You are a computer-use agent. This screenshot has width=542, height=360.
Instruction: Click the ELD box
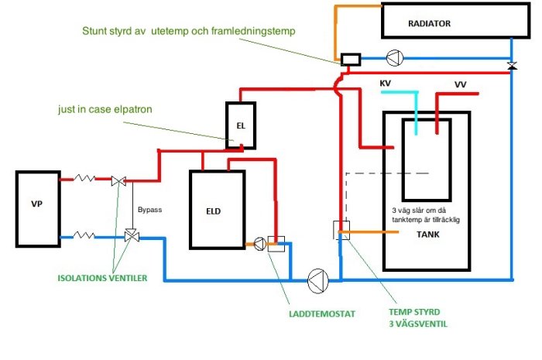[217, 210]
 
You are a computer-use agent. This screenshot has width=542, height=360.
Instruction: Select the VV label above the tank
[460, 83]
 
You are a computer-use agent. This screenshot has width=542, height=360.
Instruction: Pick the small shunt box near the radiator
[350, 59]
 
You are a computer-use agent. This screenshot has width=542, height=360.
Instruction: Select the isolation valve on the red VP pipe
[119, 180]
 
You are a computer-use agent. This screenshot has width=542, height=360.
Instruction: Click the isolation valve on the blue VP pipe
[131, 235]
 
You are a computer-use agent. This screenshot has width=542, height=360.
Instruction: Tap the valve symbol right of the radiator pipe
[511, 67]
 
